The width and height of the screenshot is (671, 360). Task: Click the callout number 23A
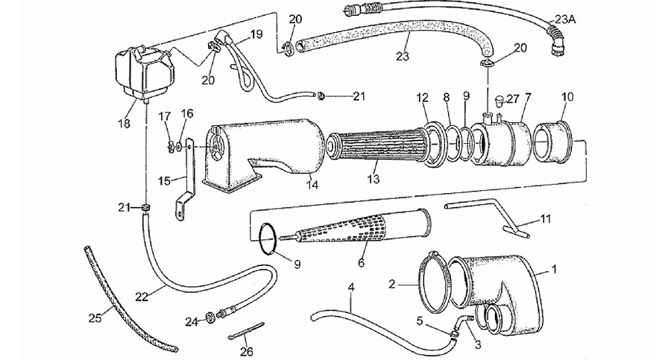(x=565, y=19)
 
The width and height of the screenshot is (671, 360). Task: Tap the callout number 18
(x=124, y=124)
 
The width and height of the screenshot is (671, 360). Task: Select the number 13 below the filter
(x=374, y=178)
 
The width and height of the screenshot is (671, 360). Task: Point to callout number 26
(x=247, y=352)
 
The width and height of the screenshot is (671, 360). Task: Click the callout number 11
(x=545, y=218)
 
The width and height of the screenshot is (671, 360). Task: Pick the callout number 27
(x=513, y=99)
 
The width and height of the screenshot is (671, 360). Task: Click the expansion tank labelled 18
(x=143, y=74)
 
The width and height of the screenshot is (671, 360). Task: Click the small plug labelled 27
(x=499, y=101)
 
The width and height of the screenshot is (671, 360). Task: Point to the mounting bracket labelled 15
(x=186, y=179)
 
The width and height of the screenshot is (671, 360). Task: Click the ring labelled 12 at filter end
(x=435, y=142)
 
